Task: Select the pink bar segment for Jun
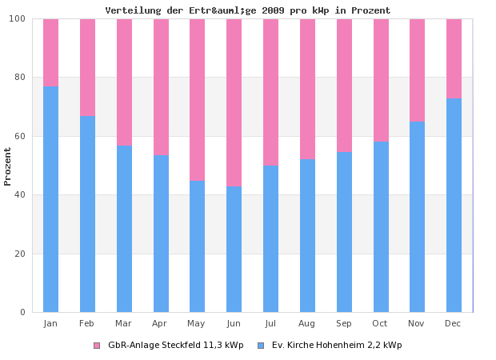click(x=234, y=102)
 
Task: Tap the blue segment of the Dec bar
click(x=454, y=205)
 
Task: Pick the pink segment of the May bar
click(x=197, y=99)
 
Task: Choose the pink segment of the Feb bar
click(x=87, y=67)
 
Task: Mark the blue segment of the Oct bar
click(x=381, y=226)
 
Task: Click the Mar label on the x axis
click(x=123, y=323)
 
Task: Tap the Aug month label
click(x=306, y=323)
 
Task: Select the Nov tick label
click(x=417, y=323)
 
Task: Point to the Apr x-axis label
click(x=160, y=323)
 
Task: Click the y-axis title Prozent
click(x=8, y=166)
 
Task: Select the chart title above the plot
click(x=248, y=10)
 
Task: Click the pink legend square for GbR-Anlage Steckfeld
click(x=97, y=346)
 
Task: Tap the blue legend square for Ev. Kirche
click(x=261, y=346)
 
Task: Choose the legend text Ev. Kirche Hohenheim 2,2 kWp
click(x=337, y=346)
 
